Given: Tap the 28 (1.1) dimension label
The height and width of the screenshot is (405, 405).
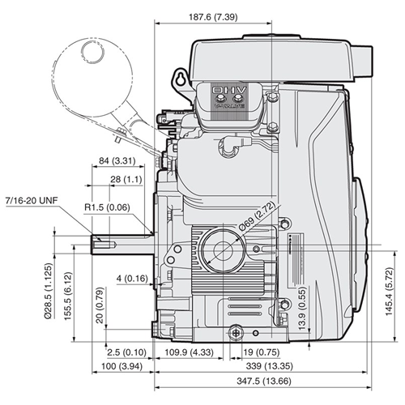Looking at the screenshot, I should (126, 178).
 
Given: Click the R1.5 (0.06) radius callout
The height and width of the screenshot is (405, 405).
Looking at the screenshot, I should (109, 207).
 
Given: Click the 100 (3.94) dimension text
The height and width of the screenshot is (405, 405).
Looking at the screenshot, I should (117, 367).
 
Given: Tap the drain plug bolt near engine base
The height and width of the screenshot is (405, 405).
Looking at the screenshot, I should (236, 330).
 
